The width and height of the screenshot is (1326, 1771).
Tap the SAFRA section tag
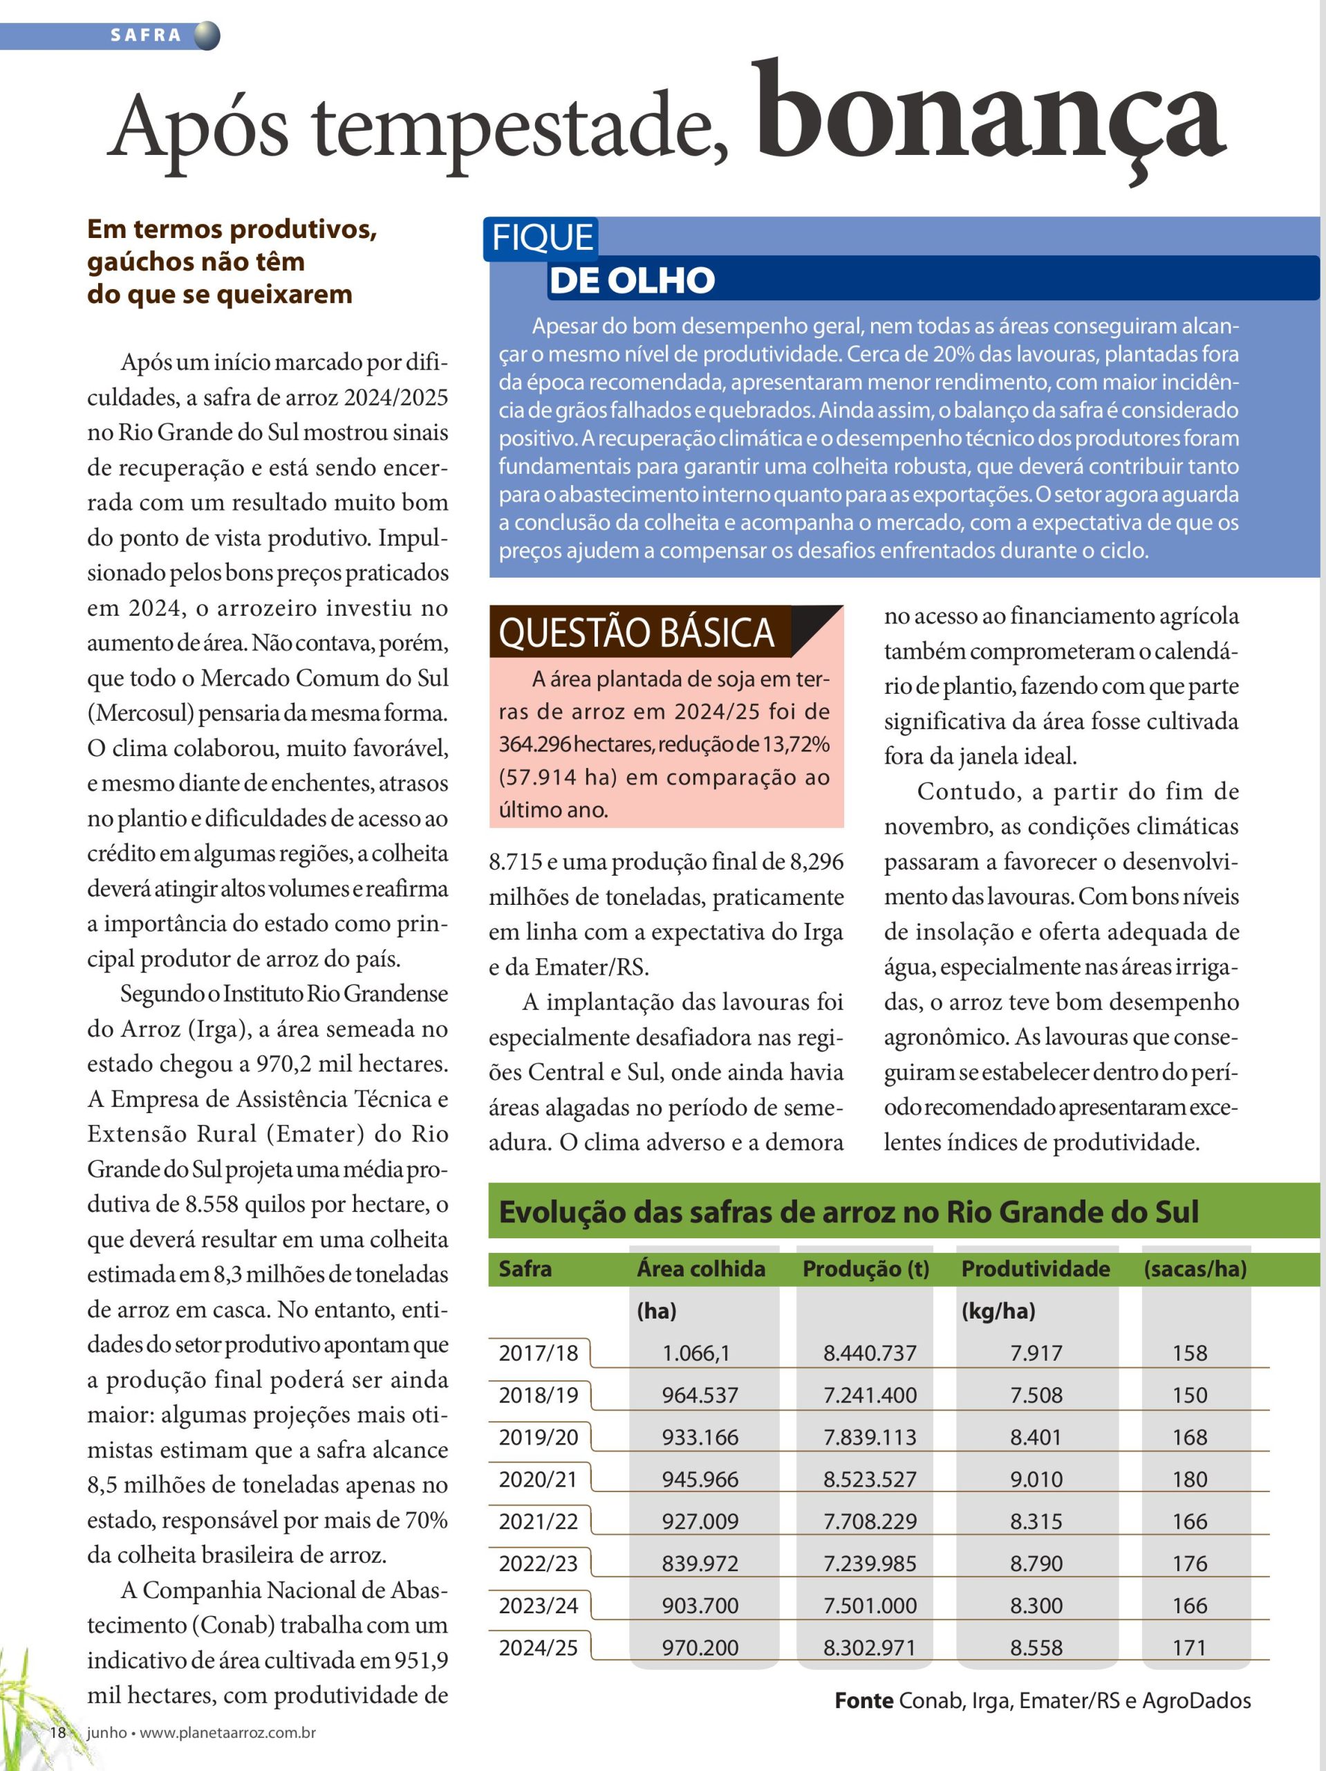click(x=147, y=35)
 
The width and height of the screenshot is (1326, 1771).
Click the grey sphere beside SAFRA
click(x=207, y=36)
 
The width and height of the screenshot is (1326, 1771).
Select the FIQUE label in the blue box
click(x=542, y=238)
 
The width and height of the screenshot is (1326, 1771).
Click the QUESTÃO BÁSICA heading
click(x=636, y=632)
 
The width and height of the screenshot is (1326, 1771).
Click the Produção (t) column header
click(x=866, y=1268)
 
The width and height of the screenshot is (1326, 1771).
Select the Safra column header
click(x=525, y=1268)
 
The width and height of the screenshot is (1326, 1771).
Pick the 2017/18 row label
click(x=538, y=1352)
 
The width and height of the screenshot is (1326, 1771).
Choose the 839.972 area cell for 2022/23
click(x=700, y=1563)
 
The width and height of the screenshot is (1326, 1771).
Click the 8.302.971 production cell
click(x=869, y=1647)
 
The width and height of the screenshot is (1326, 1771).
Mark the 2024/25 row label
click(x=538, y=1647)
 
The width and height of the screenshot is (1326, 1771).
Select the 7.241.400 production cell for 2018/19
click(x=870, y=1395)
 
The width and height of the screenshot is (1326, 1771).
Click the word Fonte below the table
click(x=863, y=1700)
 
